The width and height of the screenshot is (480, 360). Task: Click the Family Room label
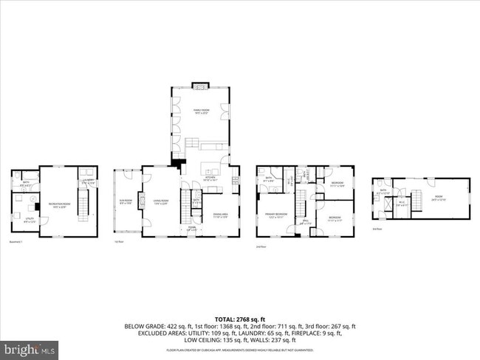pyautogui.click(x=202, y=112)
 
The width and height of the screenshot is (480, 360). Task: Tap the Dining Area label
pyautogui.click(x=220, y=216)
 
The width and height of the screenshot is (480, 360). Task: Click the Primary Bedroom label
pyautogui.click(x=276, y=217)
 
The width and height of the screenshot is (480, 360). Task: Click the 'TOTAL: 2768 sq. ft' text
pyautogui.click(x=240, y=319)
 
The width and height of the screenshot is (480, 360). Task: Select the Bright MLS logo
pyautogui.click(x=30, y=347)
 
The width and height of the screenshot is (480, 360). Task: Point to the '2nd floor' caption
pyautogui.click(x=261, y=246)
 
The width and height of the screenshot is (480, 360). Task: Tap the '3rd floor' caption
pyautogui.click(x=377, y=229)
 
